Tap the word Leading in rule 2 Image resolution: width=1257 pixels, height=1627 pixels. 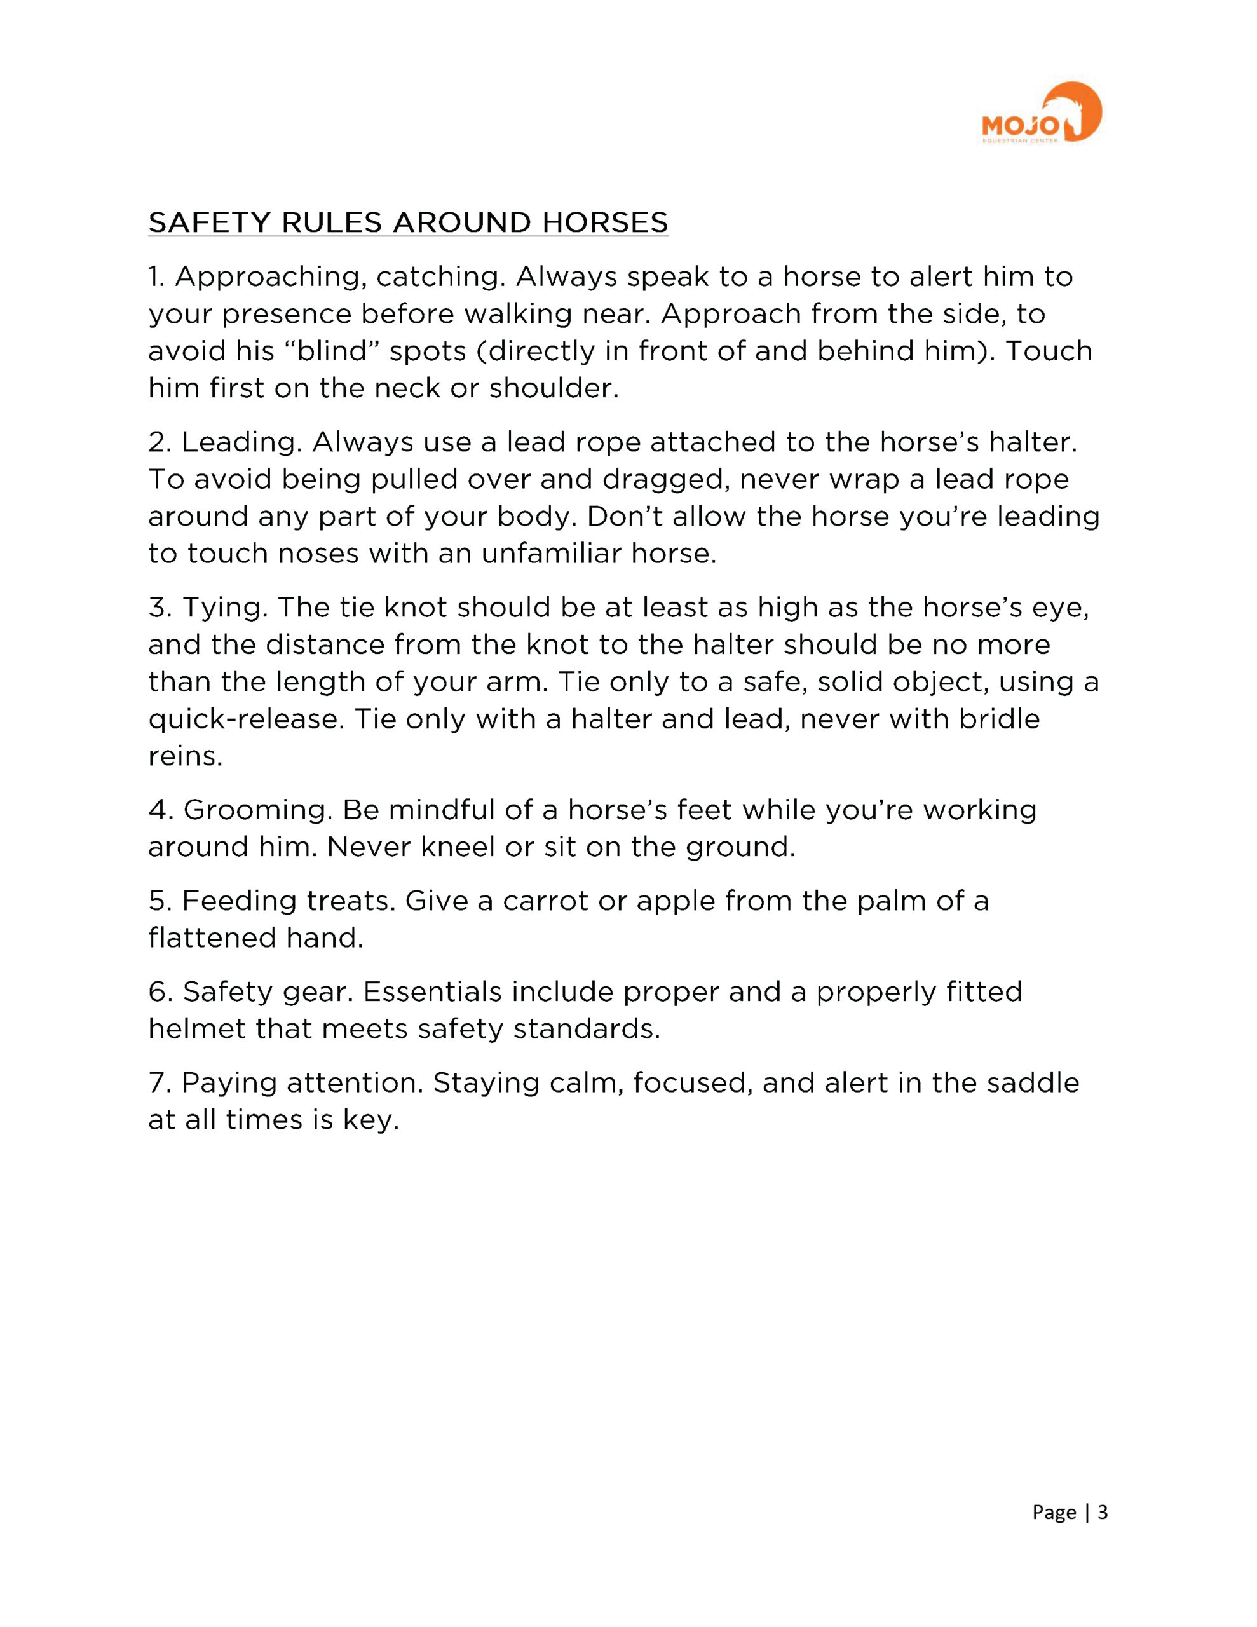(x=240, y=442)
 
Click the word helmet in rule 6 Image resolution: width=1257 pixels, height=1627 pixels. (x=196, y=1030)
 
